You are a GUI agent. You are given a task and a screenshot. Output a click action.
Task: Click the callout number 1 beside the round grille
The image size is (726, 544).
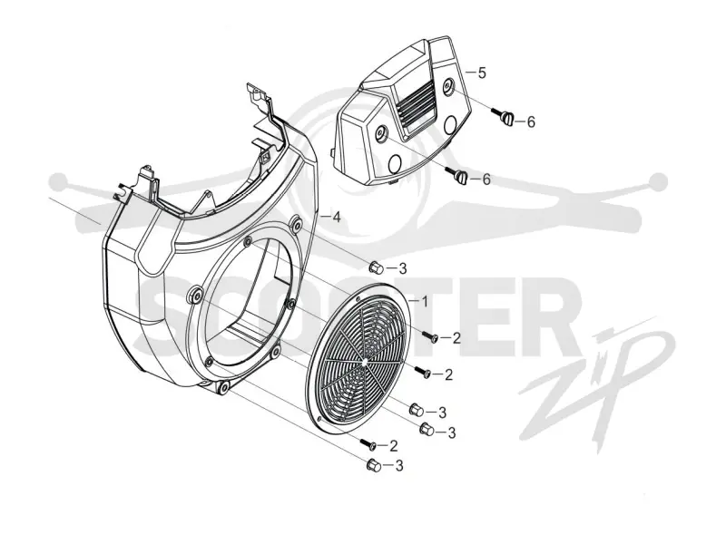pyautogui.click(x=425, y=302)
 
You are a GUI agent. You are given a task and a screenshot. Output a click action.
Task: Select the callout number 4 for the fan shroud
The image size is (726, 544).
pyautogui.click(x=337, y=217)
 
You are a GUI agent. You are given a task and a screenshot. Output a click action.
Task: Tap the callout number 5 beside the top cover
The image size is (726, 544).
pyautogui.click(x=482, y=73)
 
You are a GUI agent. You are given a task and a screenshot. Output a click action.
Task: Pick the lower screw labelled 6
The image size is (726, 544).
pyautogui.click(x=457, y=175)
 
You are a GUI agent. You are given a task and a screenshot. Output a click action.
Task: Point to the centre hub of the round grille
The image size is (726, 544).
pyautogui.click(x=366, y=359)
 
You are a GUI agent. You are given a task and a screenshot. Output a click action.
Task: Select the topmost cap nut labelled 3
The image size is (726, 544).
pyautogui.click(x=375, y=267)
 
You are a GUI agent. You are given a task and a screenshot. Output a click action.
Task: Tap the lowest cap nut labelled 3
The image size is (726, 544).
pyautogui.click(x=373, y=464)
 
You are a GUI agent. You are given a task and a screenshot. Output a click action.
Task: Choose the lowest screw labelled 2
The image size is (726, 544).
pyautogui.click(x=369, y=444)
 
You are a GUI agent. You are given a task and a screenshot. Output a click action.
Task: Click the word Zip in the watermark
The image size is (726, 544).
pyautogui.click(x=597, y=375)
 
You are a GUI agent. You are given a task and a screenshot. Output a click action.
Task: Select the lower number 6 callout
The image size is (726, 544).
pyautogui.click(x=486, y=180)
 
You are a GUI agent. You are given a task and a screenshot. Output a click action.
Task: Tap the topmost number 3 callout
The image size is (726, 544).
pyautogui.click(x=402, y=267)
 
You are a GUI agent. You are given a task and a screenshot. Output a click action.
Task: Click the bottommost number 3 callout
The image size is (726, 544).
pyautogui.click(x=398, y=465)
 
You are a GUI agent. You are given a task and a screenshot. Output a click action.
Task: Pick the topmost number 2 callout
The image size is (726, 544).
pyautogui.click(x=456, y=338)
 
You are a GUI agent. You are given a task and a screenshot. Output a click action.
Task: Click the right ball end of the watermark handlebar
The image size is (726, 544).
pyautogui.click(x=658, y=182)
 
